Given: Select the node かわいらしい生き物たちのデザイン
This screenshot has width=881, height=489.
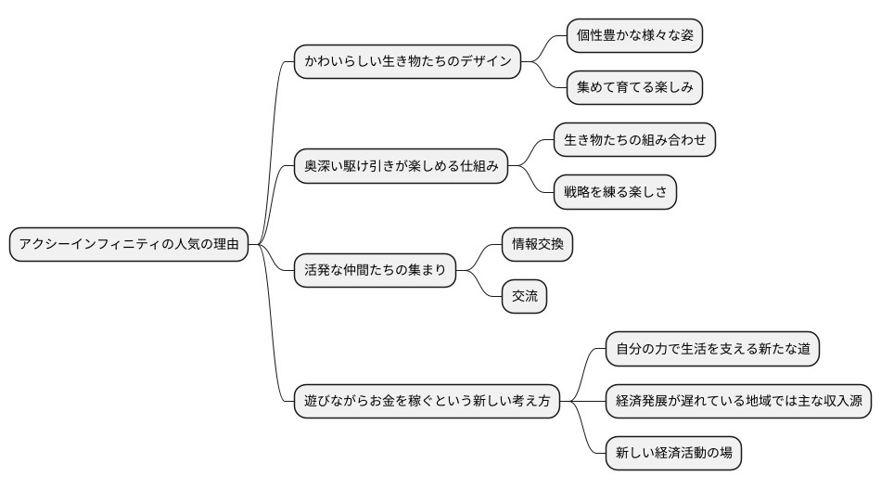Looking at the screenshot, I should (x=407, y=62).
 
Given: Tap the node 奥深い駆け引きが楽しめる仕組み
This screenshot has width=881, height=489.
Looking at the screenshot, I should (x=401, y=167).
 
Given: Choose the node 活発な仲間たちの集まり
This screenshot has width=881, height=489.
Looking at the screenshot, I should (x=375, y=271).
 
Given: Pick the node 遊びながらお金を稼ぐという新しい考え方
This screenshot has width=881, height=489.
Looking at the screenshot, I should (x=427, y=402).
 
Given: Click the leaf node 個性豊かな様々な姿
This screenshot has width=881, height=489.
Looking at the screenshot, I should (x=634, y=36).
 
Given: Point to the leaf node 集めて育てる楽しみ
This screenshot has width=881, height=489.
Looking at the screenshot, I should (x=634, y=88).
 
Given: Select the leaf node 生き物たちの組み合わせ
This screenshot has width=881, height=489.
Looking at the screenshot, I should (x=634, y=140).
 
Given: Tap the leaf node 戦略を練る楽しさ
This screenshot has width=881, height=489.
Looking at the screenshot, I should (x=615, y=193).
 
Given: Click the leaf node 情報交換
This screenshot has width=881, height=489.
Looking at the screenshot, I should (x=537, y=245).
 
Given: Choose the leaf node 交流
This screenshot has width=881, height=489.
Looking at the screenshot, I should (x=524, y=297).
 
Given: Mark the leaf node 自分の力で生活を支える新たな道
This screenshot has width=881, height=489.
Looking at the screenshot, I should (x=712, y=349).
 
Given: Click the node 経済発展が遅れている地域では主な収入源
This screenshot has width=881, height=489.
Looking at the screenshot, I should (x=738, y=402).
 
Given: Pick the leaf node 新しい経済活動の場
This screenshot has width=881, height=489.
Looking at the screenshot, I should (x=673, y=454).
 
